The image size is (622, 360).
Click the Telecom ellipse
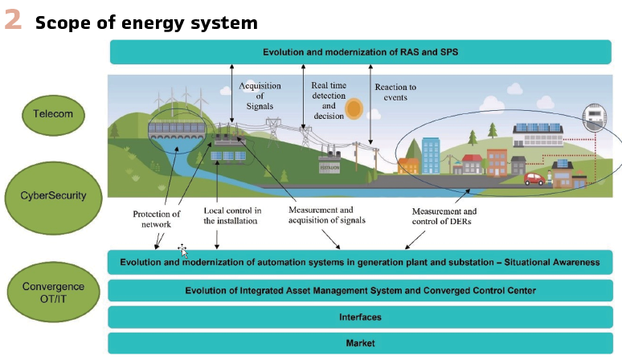(x=53, y=113)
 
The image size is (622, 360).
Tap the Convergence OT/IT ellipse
(x=53, y=291)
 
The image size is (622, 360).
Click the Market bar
(x=360, y=343)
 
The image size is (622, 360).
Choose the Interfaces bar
(x=360, y=317)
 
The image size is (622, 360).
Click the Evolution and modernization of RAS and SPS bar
(x=360, y=52)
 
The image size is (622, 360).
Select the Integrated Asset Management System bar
(x=360, y=291)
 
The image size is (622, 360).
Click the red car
(x=534, y=178)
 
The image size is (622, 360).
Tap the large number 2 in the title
(x=13, y=21)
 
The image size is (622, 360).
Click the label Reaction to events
(x=395, y=92)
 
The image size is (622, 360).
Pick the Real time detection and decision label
(x=328, y=100)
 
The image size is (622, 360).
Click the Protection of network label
(x=158, y=219)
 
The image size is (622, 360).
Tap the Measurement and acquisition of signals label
(x=327, y=215)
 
